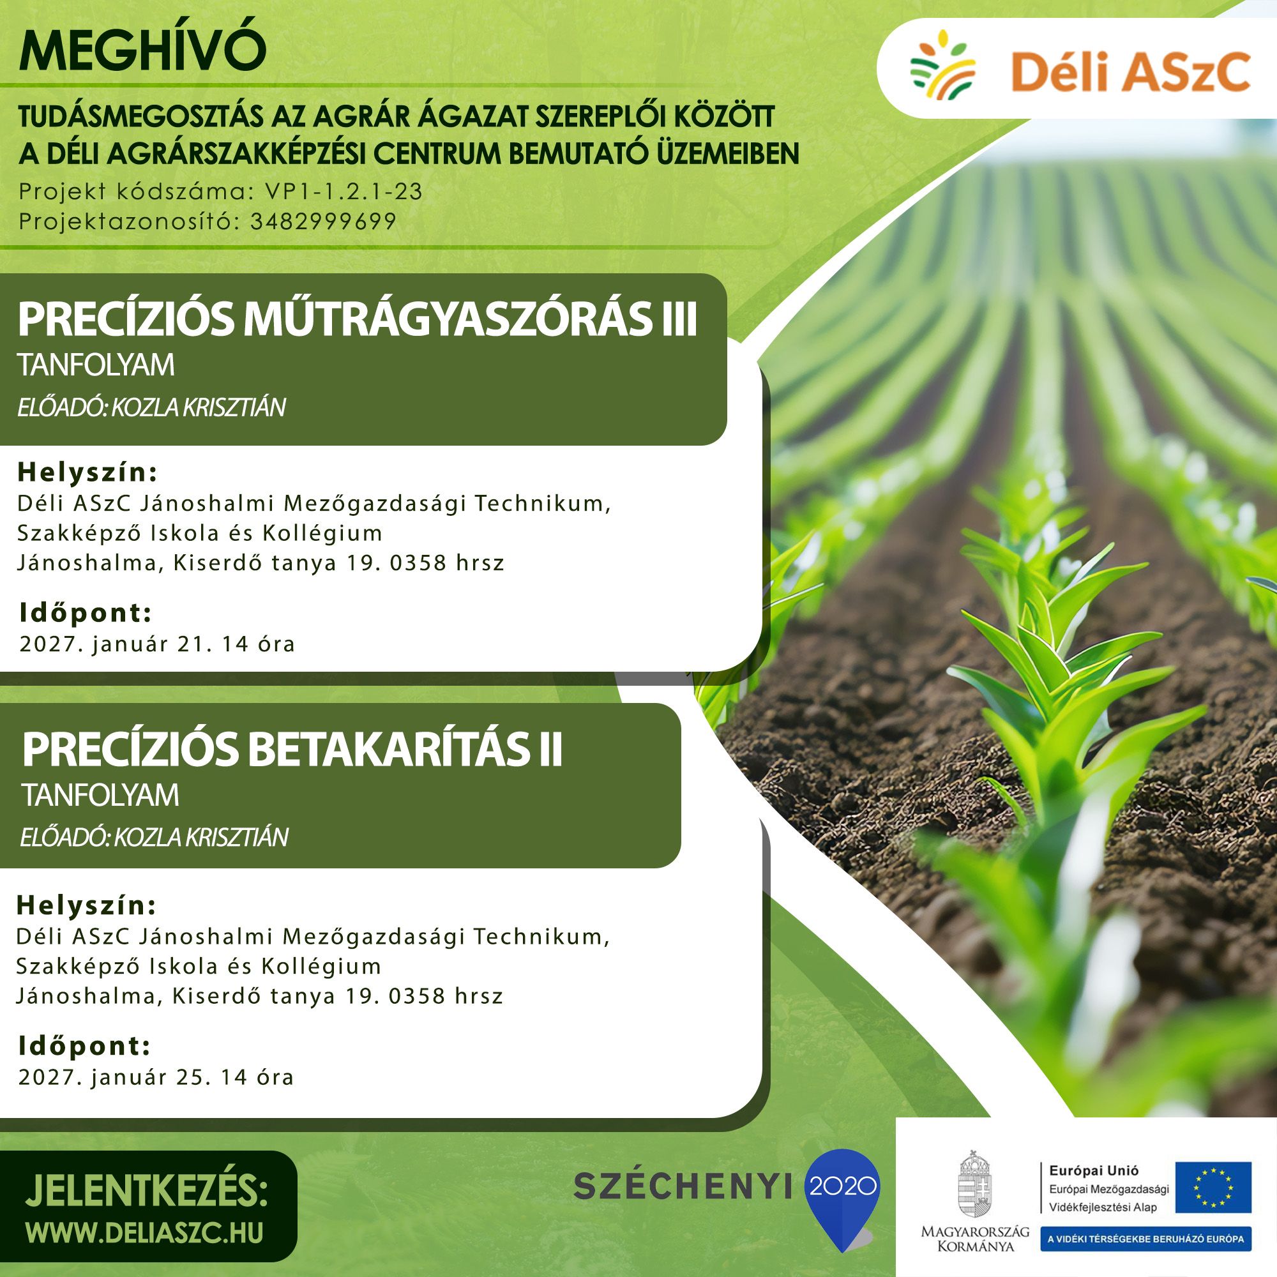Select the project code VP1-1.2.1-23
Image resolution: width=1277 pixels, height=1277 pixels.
(x=344, y=191)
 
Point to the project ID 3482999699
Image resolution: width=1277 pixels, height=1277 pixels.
(x=323, y=222)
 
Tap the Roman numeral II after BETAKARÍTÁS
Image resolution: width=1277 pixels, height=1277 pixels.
(x=549, y=750)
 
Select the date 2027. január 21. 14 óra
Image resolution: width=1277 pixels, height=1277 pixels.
(x=156, y=644)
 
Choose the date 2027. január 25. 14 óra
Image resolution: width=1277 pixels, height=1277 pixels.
(x=156, y=1077)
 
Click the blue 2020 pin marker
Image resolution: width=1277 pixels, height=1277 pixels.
(x=842, y=1196)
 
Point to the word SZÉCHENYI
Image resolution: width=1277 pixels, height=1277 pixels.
(x=683, y=1186)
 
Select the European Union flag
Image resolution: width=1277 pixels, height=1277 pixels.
(x=1213, y=1187)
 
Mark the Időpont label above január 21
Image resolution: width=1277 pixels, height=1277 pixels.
(x=86, y=613)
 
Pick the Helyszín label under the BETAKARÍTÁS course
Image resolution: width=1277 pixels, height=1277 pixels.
(x=87, y=906)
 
